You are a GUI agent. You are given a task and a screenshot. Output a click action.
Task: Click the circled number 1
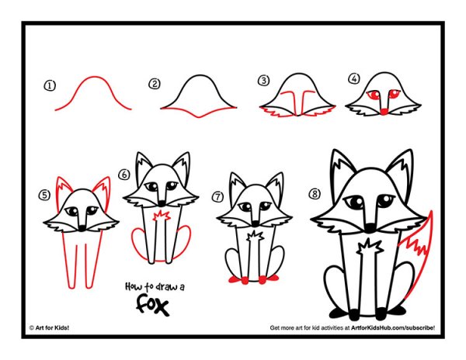(50, 86)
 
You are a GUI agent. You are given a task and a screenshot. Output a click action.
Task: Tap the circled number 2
(155, 84)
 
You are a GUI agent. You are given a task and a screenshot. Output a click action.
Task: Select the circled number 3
(263, 81)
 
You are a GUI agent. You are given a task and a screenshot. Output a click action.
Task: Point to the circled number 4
(354, 78)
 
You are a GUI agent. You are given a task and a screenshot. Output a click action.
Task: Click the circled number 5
(44, 195)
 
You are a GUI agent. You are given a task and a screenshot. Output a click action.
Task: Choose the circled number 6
(124, 175)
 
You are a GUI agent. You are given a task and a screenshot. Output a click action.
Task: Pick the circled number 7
(218, 196)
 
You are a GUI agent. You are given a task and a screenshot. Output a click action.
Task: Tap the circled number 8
(315, 194)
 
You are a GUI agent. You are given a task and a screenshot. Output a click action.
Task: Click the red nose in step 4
(384, 112)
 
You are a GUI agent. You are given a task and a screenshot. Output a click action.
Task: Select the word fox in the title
(153, 304)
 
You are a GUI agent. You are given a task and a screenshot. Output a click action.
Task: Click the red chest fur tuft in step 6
(161, 216)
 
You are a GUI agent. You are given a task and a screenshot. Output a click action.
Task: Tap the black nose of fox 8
(370, 228)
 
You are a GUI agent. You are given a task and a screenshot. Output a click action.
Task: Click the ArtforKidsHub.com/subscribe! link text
(393, 327)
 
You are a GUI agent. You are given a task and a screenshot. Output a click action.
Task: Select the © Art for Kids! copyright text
(50, 327)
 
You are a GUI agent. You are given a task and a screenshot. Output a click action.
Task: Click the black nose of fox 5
(82, 229)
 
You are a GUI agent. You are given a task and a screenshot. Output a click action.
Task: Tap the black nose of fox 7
(255, 223)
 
